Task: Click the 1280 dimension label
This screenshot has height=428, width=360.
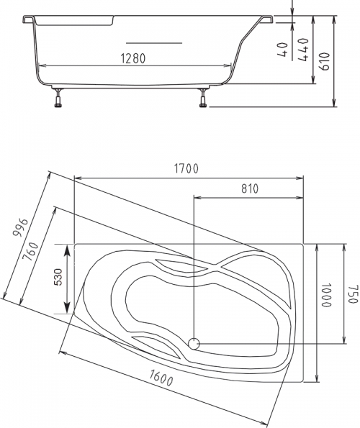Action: [x=133, y=58]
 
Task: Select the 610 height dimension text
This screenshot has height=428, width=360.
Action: [x=325, y=61]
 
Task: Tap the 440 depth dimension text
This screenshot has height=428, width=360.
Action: [x=303, y=50]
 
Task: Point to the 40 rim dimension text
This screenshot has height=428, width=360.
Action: [x=283, y=50]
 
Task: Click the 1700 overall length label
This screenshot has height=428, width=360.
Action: [x=186, y=168]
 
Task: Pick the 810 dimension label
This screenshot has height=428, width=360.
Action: [x=250, y=188]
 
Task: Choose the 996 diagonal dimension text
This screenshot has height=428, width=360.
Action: [x=21, y=227]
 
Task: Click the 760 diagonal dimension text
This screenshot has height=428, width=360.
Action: [x=31, y=251]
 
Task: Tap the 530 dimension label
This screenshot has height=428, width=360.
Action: [x=58, y=277]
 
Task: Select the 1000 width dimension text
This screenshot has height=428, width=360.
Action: [x=326, y=295]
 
